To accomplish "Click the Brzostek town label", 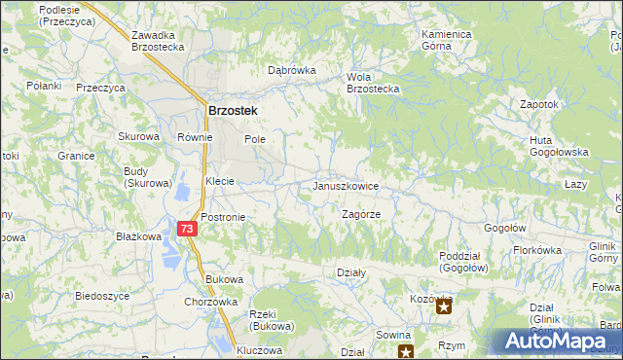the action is click(232, 111).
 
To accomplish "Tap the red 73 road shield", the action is click(188, 228).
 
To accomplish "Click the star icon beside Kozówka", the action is click(444, 308).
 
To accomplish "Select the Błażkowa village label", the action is click(138, 236).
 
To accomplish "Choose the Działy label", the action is click(350, 273).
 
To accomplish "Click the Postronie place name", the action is click(223, 217).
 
